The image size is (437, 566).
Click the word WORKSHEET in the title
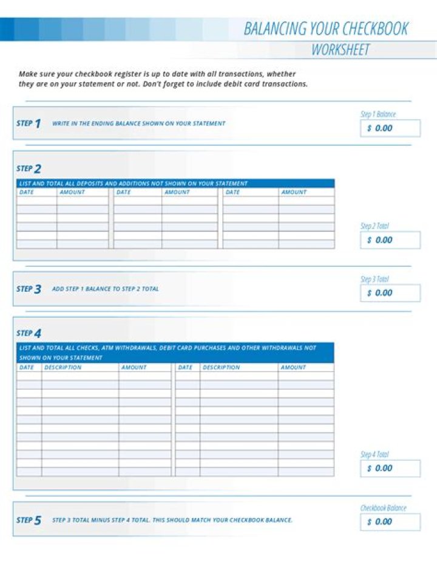pyautogui.click(x=340, y=50)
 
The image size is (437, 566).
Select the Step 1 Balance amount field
pyautogui.click(x=390, y=128)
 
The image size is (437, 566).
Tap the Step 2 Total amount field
pyautogui.click(x=390, y=240)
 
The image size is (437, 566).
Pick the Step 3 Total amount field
pyautogui.click(x=390, y=293)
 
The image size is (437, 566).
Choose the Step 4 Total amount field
pyautogui.click(x=390, y=468)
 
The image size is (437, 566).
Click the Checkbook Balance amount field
pyautogui.click(x=390, y=522)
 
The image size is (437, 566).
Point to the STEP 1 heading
pyautogui.click(x=29, y=123)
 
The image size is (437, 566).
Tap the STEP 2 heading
pyautogui.click(x=29, y=168)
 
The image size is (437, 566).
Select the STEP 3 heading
pyautogui.click(x=29, y=289)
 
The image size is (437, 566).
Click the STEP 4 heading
pyautogui.click(x=29, y=333)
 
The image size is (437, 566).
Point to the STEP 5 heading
pyautogui.click(x=29, y=520)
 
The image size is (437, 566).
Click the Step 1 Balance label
pyautogui.click(x=378, y=114)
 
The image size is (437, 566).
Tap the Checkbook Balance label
pyautogui.click(x=383, y=508)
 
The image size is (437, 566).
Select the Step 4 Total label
pyautogui.click(x=374, y=455)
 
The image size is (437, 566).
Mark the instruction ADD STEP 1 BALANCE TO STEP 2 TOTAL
pyautogui.click(x=105, y=289)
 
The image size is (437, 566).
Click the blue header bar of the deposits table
pyautogui.click(x=175, y=183)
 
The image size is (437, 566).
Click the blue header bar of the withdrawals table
pyautogui.click(x=175, y=353)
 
